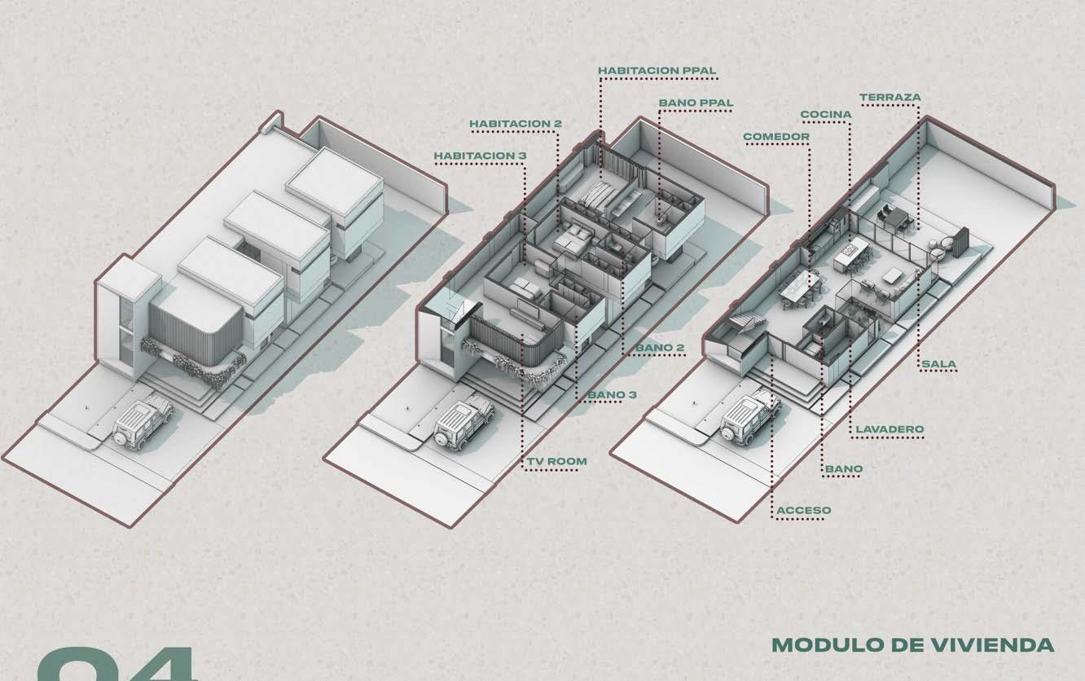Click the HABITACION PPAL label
click(x=657, y=71)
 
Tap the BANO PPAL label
click(x=696, y=103)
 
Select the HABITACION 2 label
click(x=516, y=124)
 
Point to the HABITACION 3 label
click(x=480, y=155)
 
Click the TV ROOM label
click(x=556, y=461)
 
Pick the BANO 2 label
click(x=660, y=348)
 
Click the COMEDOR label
click(x=776, y=136)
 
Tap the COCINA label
click(x=826, y=115)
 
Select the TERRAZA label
click(x=890, y=98)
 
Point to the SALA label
click(x=939, y=363)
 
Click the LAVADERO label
click(x=890, y=428)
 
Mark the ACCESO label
click(x=804, y=511)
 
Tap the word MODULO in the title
click(x=817, y=646)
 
